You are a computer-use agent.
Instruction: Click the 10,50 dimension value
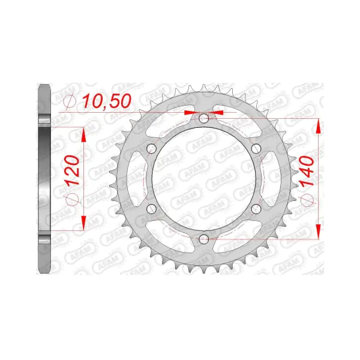tap(107, 101)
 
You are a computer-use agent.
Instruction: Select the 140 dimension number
tap(306, 171)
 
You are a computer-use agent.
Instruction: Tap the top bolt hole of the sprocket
tap(203, 118)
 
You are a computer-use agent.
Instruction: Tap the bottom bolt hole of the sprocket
tap(203, 239)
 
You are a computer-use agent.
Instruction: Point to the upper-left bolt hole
tap(151, 149)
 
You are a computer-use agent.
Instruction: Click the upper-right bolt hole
tap(256, 149)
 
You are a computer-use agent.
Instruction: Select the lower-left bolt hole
tap(151, 209)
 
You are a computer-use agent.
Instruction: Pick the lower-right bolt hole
tap(256, 209)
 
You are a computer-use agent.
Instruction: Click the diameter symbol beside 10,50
tap(70, 101)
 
